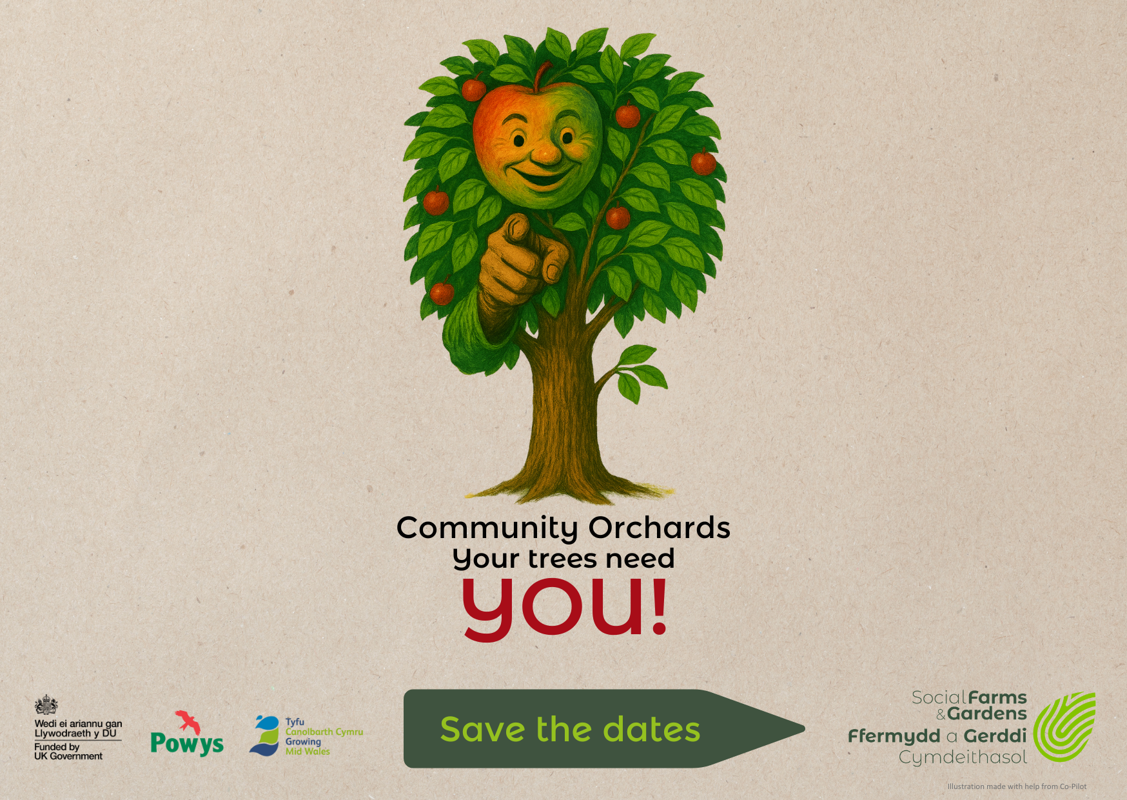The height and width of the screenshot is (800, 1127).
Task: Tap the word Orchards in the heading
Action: pos(659,527)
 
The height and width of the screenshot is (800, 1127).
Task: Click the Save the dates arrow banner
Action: pos(604,728)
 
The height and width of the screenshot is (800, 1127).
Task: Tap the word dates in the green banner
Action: pos(651,729)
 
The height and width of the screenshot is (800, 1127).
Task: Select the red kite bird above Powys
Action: pos(188,721)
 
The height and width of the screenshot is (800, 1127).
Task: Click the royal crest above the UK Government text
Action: pos(46,705)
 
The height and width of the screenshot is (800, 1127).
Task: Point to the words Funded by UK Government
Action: pos(68,752)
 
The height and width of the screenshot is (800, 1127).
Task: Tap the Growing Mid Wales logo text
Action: pos(308,746)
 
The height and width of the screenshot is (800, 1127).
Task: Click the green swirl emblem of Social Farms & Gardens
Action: pos(1064,727)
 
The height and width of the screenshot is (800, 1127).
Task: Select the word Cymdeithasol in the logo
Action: pos(963,757)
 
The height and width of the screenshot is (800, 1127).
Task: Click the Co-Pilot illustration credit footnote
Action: pos(1017,786)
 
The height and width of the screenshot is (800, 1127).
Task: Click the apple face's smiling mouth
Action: pos(538,175)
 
